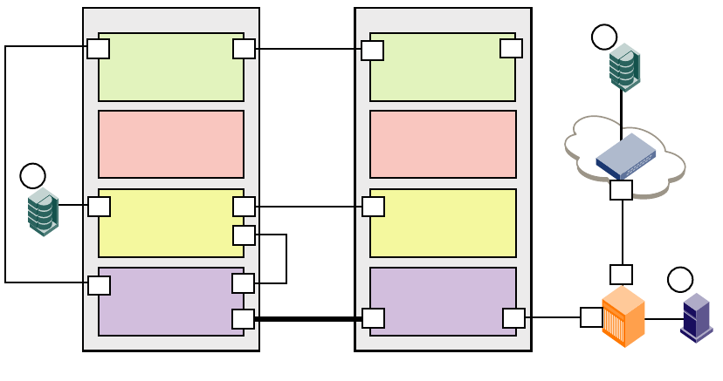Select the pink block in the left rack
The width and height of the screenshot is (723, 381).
click(x=170, y=144)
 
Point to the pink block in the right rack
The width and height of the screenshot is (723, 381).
click(x=443, y=144)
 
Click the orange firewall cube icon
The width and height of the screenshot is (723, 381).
click(x=623, y=316)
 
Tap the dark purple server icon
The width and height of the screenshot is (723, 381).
click(x=696, y=317)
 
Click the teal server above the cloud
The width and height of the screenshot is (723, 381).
click(x=624, y=67)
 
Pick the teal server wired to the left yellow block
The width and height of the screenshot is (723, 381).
click(x=43, y=212)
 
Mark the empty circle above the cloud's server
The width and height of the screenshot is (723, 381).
click(x=604, y=37)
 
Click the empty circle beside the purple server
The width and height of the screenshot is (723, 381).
click(x=680, y=279)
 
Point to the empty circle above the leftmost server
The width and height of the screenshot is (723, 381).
click(x=32, y=175)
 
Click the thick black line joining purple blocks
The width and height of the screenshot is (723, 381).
click(x=307, y=319)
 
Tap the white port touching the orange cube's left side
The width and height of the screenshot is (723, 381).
click(x=591, y=317)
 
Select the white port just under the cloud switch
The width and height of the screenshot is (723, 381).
click(x=621, y=190)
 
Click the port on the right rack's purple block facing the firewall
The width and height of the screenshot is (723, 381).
click(x=513, y=318)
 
